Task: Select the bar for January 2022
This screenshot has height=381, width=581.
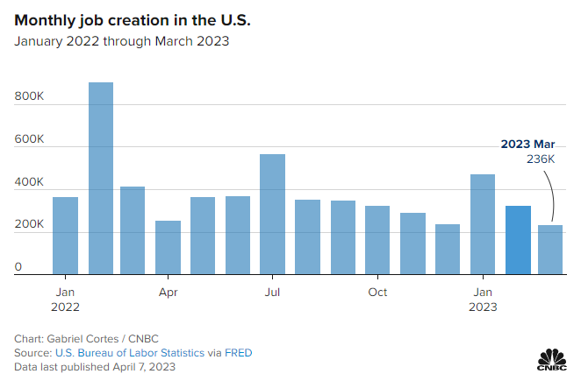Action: point(65,236)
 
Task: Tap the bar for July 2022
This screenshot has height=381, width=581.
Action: point(272,215)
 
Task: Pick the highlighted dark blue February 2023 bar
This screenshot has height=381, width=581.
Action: point(518,240)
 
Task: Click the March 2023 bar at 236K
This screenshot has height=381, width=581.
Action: point(551,250)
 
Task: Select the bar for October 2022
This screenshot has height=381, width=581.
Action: point(377,240)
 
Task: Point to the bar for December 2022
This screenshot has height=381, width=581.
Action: point(448,250)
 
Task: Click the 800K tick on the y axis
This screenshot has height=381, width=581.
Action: point(29,95)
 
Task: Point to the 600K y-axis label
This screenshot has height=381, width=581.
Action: point(29,138)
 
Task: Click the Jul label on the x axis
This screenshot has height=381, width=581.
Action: point(272,292)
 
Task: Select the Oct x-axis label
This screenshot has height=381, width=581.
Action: point(377,292)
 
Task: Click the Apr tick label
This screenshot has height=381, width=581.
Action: point(168,292)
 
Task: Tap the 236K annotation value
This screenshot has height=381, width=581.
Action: point(541,159)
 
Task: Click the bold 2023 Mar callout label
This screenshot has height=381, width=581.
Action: point(527,144)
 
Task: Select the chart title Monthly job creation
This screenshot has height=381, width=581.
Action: point(123,19)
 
